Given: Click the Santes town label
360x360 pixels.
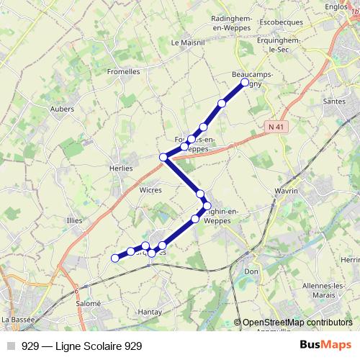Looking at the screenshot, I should [x=334, y=102].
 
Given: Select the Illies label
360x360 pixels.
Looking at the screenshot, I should [x=75, y=221].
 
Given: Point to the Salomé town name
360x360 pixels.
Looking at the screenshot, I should [x=67, y=304].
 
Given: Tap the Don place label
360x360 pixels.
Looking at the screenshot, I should [x=251, y=271].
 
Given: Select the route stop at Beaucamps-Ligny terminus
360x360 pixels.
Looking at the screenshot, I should [x=245, y=83].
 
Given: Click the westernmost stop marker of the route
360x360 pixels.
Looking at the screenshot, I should [x=114, y=258].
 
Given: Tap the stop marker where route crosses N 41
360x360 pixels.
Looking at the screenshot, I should [x=163, y=157].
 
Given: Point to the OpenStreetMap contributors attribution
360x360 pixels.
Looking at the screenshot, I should [x=297, y=323].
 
